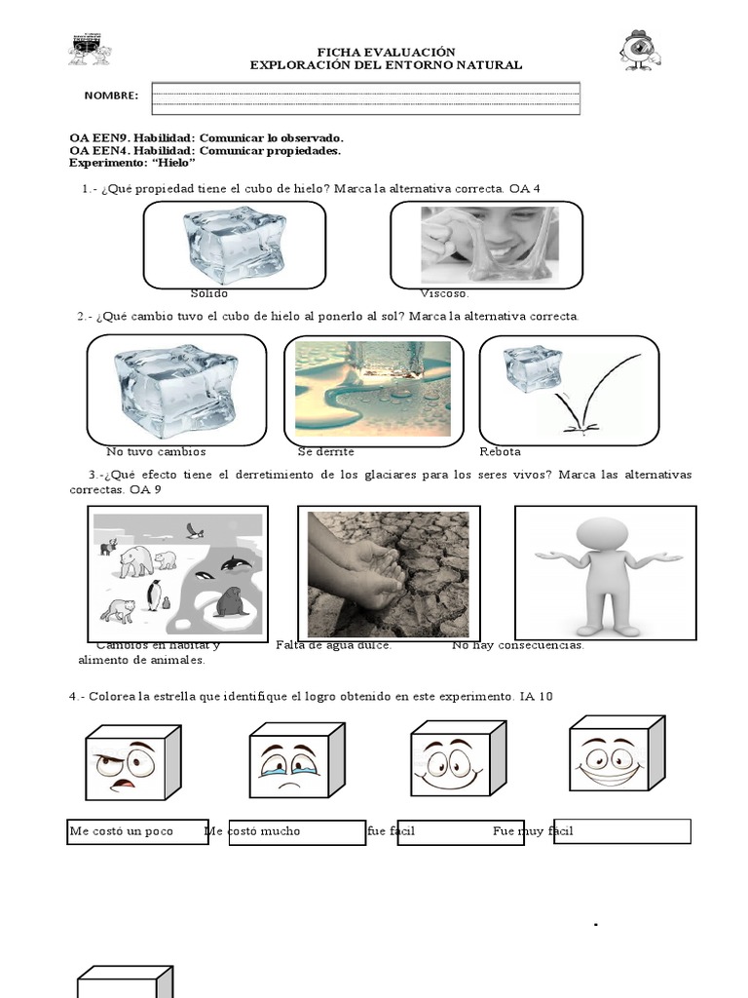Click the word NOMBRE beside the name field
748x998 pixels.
point(111,96)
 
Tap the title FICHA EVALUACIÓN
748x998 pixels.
point(386,52)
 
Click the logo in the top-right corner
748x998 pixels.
point(641,50)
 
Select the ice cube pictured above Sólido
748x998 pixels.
point(234,244)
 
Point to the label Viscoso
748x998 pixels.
point(444,293)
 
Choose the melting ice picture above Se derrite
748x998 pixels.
point(373,388)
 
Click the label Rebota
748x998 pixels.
point(500,452)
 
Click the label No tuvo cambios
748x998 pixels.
point(156,452)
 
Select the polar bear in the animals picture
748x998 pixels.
point(137,561)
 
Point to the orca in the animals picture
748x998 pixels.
point(237,563)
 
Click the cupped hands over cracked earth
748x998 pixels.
point(374,575)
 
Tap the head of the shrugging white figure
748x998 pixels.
point(602,536)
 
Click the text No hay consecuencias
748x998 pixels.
point(517,645)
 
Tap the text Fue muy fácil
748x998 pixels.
point(533,831)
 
